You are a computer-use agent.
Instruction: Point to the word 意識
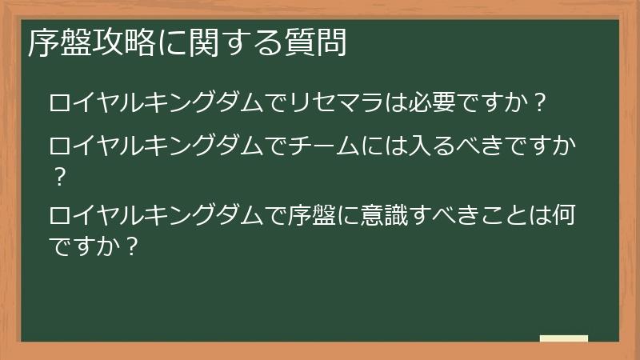click(385, 216)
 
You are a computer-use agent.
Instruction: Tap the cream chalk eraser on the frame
click(563, 338)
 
